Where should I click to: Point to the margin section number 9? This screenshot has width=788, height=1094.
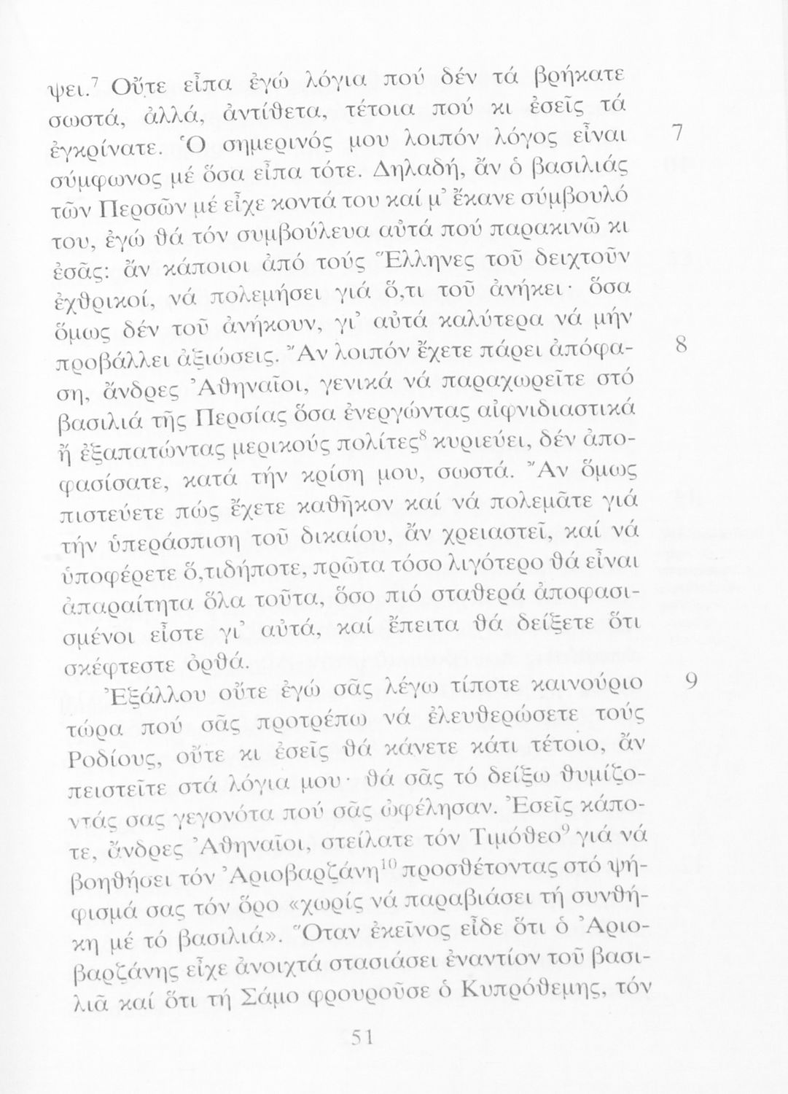coord(690,680)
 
